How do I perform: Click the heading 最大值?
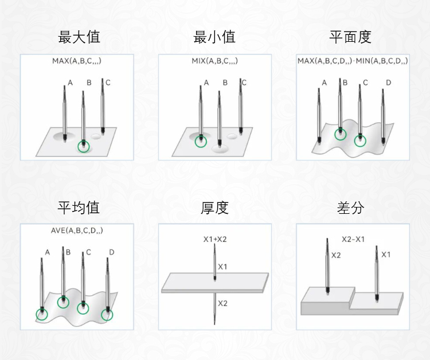[79, 37]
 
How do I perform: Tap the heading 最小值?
[214, 37]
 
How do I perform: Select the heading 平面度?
[350, 37]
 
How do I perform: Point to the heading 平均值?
[79, 208]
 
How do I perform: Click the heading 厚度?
[214, 208]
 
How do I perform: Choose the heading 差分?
[350, 208]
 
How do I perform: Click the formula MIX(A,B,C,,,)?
[215, 61]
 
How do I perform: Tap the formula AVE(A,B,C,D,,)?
[77, 230]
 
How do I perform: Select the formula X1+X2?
[215, 240]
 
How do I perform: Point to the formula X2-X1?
[353, 240]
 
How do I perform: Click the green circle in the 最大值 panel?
[84, 146]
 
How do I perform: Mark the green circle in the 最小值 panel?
[201, 142]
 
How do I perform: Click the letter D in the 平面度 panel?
[388, 83]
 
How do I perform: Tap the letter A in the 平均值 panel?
[48, 252]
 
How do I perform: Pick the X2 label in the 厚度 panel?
[222, 303]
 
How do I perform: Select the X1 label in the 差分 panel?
[386, 255]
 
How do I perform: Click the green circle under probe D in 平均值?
[107, 315]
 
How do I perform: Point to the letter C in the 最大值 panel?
[108, 83]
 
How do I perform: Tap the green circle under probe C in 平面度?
[360, 141]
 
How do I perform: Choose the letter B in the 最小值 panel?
[225, 83]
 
